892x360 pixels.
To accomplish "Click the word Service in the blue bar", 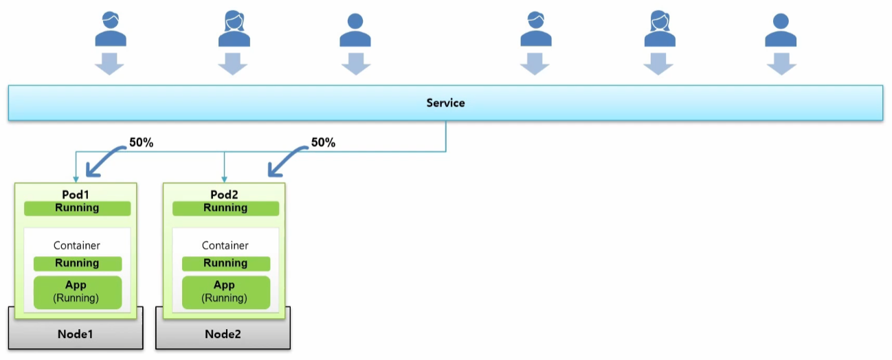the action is pyautogui.click(x=445, y=103).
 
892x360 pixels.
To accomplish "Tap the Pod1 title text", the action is pyautogui.click(x=76, y=194).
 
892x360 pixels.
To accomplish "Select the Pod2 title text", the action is pyautogui.click(x=224, y=194).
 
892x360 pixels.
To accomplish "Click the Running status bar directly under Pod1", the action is pyautogui.click(x=77, y=208).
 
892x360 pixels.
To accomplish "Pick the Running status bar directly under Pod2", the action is pyautogui.click(x=226, y=208).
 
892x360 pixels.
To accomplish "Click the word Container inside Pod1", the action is pyautogui.click(x=77, y=245).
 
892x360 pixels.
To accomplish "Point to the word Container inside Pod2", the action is pyautogui.click(x=225, y=245).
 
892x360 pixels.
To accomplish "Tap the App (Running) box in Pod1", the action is pyautogui.click(x=78, y=292).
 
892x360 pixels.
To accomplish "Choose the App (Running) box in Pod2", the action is pyautogui.click(x=226, y=292).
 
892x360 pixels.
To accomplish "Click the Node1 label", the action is pyautogui.click(x=76, y=334).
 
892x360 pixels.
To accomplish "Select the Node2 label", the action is pyautogui.click(x=223, y=334).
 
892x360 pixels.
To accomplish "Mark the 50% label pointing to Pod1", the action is pyautogui.click(x=142, y=142).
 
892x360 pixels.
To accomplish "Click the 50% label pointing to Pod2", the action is pyautogui.click(x=324, y=142).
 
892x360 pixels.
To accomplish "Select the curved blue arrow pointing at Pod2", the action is pyautogui.click(x=285, y=159).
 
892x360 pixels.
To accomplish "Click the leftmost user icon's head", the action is pyautogui.click(x=111, y=20).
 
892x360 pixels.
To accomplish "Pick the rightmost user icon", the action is pyautogui.click(x=781, y=30).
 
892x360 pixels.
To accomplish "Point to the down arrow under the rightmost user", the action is pyautogui.click(x=781, y=64).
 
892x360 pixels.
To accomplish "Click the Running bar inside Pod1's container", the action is pyautogui.click(x=78, y=264).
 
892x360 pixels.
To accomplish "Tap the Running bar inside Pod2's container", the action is pyautogui.click(x=226, y=264).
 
